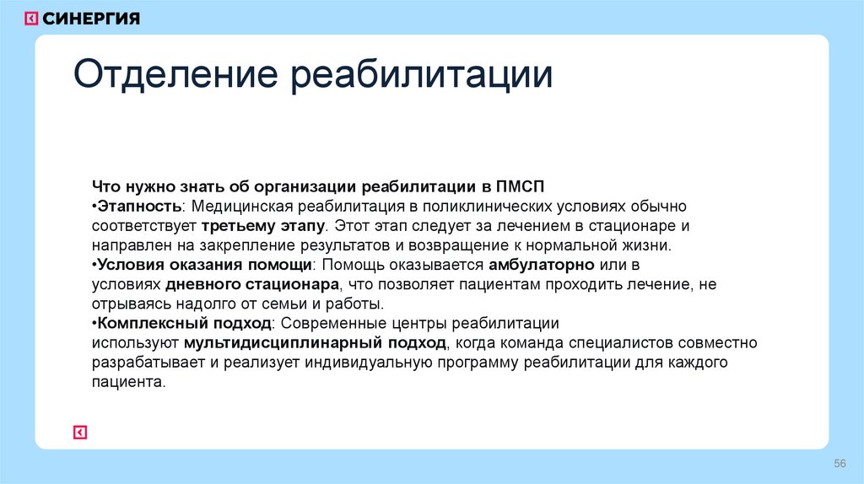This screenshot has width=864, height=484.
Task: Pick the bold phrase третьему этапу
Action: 262,226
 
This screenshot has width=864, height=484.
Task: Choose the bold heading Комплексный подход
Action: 185,324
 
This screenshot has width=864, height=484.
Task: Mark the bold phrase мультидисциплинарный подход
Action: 316,343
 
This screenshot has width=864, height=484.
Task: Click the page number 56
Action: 840,464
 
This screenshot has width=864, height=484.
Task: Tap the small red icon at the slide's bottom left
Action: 80,433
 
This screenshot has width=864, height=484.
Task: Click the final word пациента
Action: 125,382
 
